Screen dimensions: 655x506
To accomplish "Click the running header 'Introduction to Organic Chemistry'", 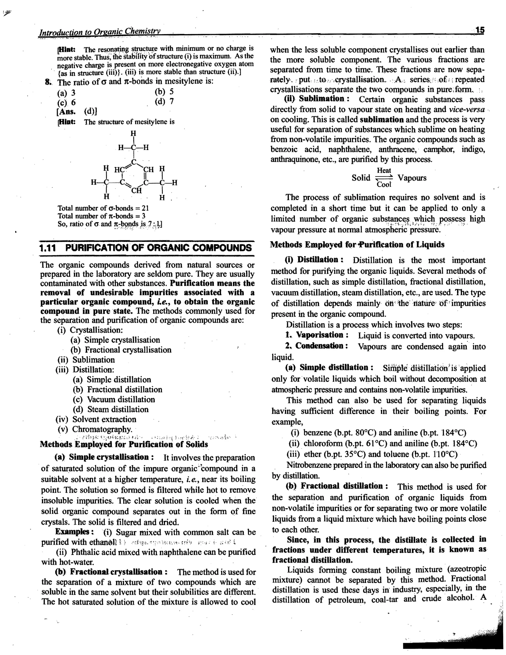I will (100, 31).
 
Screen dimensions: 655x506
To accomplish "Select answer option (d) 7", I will (164, 101).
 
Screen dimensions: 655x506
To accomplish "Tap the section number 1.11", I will (48, 248).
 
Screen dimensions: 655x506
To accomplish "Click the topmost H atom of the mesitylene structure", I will (133, 133).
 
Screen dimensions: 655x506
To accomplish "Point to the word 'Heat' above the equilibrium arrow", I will (384, 170).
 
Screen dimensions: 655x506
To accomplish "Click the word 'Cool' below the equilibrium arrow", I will (384, 184).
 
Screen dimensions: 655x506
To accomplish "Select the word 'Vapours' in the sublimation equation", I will (412, 178).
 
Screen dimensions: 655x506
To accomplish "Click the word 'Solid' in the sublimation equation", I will (361, 178).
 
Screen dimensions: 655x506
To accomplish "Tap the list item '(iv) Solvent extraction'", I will (96, 419).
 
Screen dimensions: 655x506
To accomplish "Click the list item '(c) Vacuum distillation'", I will (114, 399).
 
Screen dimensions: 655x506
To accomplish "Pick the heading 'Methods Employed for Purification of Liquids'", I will (357, 245).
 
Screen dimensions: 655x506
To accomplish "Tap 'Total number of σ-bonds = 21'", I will (103, 208).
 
